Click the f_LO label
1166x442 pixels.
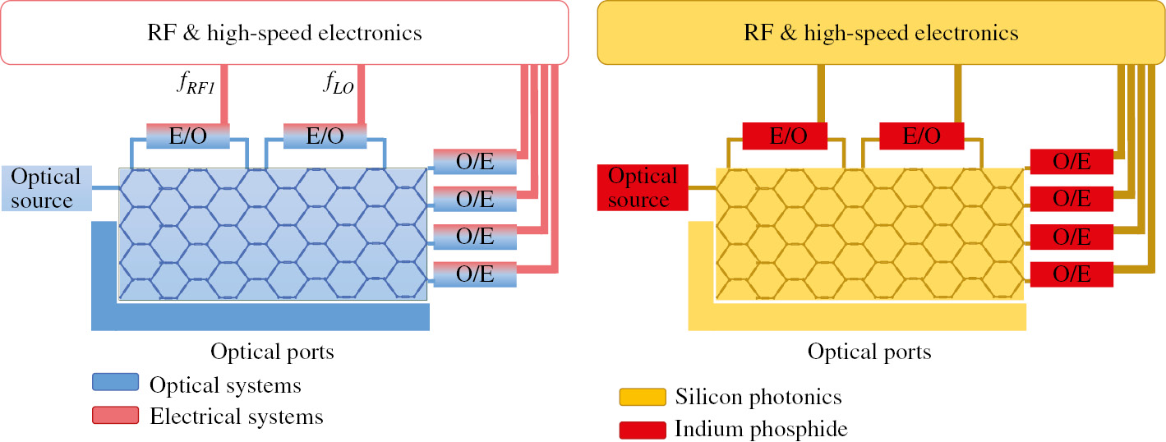tap(336, 83)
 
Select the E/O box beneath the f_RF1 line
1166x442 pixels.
tap(187, 136)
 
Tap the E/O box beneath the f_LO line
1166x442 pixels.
tap(325, 136)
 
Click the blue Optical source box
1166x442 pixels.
tap(46, 188)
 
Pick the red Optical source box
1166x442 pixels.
tap(643, 188)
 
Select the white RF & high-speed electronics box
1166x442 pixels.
tap(284, 33)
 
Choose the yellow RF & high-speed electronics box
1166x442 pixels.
tap(881, 33)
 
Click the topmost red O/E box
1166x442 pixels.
tap(1072, 162)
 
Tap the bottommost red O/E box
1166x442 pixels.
tap(1072, 274)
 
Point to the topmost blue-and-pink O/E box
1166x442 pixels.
tap(475, 162)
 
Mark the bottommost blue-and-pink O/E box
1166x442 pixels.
tap(475, 274)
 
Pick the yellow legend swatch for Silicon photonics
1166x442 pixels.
tap(642, 398)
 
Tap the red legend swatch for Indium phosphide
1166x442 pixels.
tap(642, 429)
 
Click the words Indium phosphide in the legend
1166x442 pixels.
tap(760, 429)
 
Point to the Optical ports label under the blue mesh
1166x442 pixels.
tap(272, 352)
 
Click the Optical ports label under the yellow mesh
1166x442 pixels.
tap(869, 352)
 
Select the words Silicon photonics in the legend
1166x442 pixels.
tap(758, 398)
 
